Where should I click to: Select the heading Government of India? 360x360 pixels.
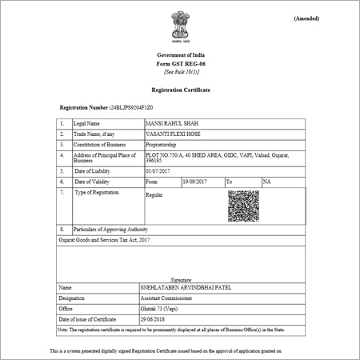(x=180, y=55)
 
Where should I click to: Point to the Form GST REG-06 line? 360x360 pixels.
(x=180, y=63)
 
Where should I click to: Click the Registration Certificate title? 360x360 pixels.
(x=180, y=91)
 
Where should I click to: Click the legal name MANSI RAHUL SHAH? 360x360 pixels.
(x=170, y=124)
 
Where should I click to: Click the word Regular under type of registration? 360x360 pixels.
(x=154, y=195)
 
